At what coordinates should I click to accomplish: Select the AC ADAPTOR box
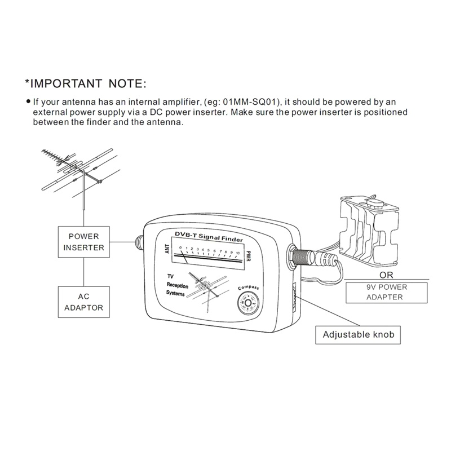84,301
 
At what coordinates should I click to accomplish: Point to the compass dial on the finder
247,303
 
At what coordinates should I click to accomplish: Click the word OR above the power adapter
386,276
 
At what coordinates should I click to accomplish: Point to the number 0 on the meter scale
180,248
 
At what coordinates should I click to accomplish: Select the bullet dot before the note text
28,101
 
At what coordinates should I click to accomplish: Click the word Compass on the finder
248,288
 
